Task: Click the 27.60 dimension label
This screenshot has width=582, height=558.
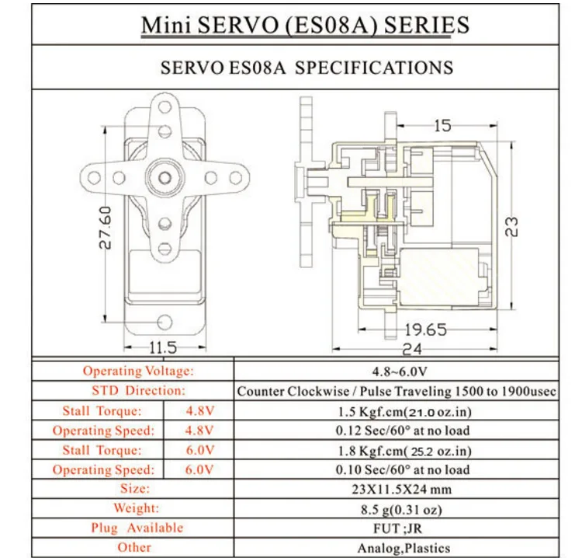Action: (105, 227)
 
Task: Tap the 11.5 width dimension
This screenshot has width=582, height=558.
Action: (163, 347)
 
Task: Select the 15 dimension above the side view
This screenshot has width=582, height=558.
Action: (442, 126)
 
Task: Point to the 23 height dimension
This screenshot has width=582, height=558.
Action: (511, 226)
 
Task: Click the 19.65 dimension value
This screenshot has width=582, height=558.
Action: (425, 330)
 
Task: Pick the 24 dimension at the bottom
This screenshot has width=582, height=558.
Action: (412, 350)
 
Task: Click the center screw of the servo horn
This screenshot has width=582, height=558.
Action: (165, 178)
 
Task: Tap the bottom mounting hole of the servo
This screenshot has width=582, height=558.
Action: (165, 322)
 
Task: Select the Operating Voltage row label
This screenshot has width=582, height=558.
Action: (138, 371)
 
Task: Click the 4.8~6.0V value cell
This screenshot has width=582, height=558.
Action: (400, 371)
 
